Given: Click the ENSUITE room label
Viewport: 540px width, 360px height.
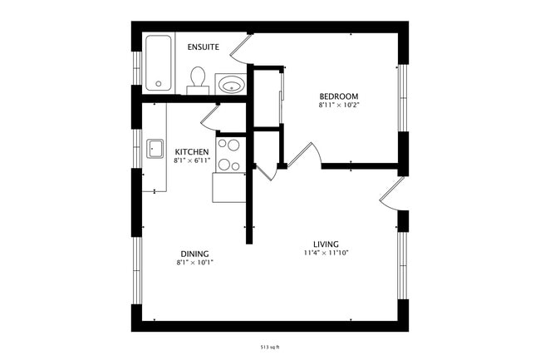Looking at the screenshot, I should [203, 47].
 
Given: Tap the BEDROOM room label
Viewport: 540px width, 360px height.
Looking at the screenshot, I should [338, 96].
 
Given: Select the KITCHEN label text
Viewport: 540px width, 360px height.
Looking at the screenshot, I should [191, 151].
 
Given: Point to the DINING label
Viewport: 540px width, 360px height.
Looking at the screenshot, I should [194, 254].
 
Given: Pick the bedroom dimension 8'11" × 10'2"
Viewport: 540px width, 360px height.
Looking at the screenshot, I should [338, 106].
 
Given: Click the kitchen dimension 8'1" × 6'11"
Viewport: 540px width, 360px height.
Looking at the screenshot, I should [191, 160].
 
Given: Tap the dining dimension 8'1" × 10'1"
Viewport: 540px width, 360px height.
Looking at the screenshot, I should [194, 263].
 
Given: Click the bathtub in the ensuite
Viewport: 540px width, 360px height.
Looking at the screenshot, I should [158, 63].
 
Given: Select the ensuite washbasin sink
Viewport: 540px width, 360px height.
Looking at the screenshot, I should [229, 85].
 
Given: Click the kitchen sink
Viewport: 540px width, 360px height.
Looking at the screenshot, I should [155, 149].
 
